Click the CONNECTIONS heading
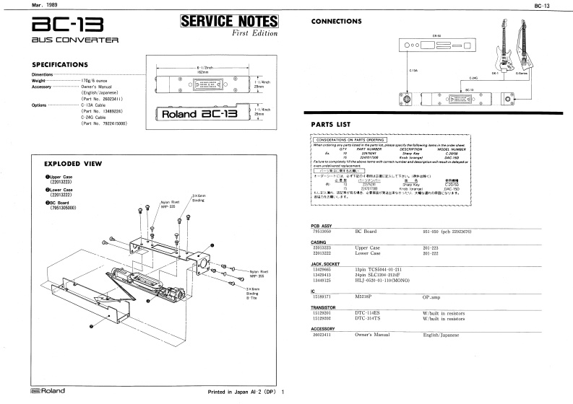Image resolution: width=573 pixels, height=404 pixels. tap(336, 22)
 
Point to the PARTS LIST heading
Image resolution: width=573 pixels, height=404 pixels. tap(330, 124)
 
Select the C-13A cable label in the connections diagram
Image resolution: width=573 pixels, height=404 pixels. tap(413, 71)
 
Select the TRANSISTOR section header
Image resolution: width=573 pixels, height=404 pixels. tap(323, 307)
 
